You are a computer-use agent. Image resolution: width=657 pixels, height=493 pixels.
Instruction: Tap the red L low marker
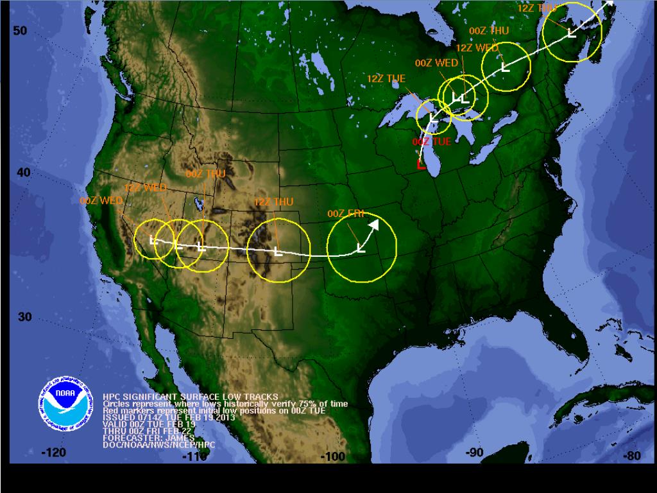pos(421,165)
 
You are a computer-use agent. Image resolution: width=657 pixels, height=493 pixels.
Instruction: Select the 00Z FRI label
pos(345,214)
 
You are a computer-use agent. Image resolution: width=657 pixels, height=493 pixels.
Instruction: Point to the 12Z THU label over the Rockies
pos(273,202)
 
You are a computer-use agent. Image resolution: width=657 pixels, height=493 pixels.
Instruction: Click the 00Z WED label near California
pos(101,200)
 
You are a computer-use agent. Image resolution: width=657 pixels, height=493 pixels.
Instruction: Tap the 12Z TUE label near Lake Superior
pos(386,78)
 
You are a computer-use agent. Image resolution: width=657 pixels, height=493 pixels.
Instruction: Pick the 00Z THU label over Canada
pos(488,30)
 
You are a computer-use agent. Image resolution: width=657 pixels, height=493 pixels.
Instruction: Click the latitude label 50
pos(20,31)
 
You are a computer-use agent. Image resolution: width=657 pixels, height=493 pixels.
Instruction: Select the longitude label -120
pos(53,453)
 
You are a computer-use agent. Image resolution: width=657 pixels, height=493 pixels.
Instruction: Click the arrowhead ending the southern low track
pos(374,225)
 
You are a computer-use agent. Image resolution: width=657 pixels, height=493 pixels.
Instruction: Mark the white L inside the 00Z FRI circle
pos(360,248)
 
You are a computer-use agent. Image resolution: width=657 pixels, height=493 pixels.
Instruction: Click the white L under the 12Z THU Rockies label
pos(277,251)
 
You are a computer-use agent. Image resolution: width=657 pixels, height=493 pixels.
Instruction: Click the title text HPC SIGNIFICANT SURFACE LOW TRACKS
pos(191,397)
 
